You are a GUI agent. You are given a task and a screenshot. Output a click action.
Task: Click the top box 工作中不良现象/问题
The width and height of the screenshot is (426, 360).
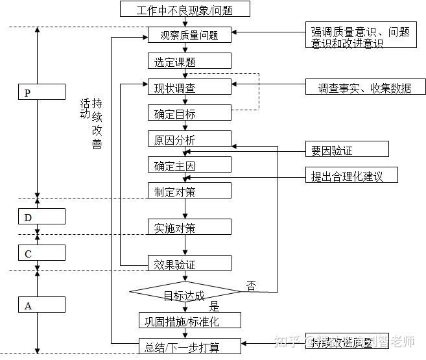pos(185,9)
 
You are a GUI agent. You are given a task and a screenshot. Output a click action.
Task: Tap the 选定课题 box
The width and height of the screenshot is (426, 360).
pos(189,61)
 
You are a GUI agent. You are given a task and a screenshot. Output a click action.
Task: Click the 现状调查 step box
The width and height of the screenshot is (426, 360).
pos(189,88)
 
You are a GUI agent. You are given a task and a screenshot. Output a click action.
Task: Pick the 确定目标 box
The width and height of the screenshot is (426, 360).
pos(189,114)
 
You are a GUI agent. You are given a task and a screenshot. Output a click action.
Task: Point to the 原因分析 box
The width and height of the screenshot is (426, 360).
pos(189,139)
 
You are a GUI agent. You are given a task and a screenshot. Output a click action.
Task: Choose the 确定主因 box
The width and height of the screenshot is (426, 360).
pos(189,165)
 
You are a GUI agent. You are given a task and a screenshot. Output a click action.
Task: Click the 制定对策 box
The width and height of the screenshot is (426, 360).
pos(189,191)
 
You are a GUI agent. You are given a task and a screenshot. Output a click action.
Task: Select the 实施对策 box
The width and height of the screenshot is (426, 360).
pos(189,227)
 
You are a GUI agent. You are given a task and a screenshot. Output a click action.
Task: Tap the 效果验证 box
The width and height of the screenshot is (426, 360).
pos(189,263)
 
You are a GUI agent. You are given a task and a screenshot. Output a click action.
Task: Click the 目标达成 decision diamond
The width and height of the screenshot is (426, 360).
pos(185,294)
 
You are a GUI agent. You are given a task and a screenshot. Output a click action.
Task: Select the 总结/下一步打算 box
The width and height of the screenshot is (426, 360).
pos(189,346)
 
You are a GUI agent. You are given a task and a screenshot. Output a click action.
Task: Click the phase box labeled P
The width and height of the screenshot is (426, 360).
pos(41,93)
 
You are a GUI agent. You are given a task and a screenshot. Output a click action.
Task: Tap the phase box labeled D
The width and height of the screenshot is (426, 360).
pos(41,217)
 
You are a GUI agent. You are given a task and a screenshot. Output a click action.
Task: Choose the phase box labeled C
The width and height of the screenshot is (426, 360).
pos(41,254)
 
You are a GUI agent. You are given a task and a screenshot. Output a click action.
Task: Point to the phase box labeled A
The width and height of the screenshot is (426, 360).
pos(41,305)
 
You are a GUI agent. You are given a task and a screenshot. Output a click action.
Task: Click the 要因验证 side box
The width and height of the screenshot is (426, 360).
pos(347,150)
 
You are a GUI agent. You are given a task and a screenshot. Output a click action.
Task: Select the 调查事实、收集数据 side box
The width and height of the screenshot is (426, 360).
pos(365,88)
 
